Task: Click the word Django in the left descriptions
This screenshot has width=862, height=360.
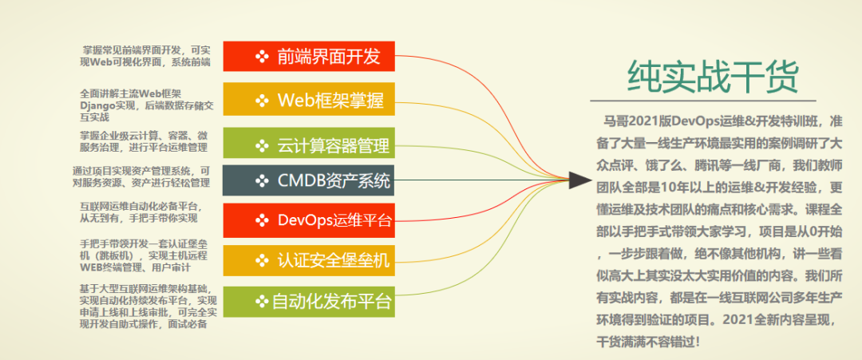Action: (97, 105)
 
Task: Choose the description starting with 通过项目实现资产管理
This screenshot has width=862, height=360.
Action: (140, 176)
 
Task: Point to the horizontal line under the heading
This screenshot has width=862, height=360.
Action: (702, 101)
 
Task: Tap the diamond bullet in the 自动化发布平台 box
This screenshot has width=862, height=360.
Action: (261, 301)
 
